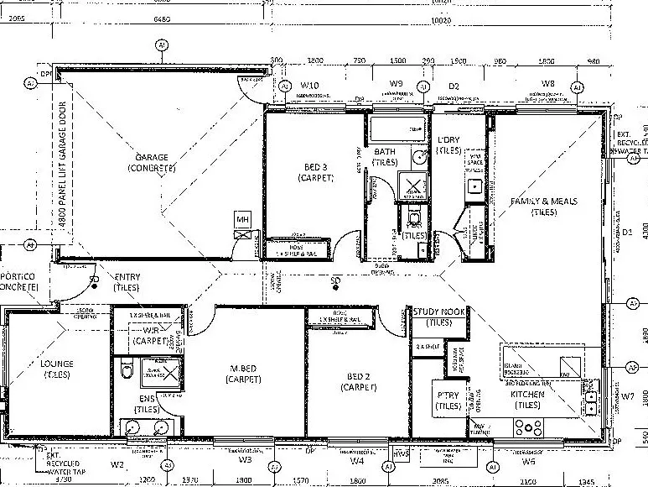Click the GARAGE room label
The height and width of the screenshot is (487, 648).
[152, 157]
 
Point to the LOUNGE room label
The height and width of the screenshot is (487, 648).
[57, 364]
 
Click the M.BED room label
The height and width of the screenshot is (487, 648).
[250, 368]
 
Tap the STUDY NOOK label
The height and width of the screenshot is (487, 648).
[438, 312]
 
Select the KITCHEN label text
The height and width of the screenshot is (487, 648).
[528, 394]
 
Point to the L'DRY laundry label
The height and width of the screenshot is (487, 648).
[448, 139]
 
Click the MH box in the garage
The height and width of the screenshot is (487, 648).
[242, 220]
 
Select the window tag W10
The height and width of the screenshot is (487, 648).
[310, 86]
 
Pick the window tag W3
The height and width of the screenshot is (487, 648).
[245, 460]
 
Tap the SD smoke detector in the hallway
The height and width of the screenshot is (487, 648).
[335, 280]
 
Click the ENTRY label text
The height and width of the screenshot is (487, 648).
[127, 277]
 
